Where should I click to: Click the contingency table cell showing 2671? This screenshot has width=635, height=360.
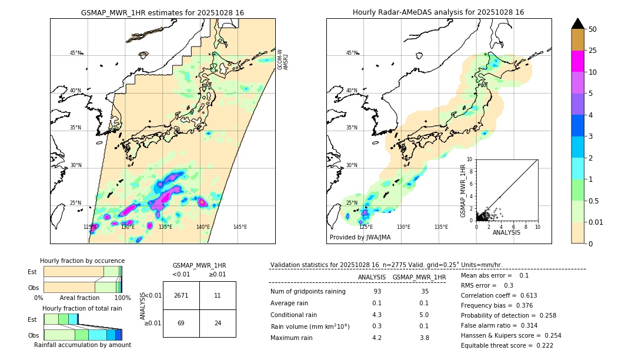pyautogui.click(x=181, y=295)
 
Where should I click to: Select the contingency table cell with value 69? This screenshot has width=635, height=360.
pyautogui.click(x=181, y=323)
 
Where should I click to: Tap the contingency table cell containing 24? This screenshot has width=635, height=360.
pyautogui.click(x=218, y=323)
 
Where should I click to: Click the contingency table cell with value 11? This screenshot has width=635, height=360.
pyautogui.click(x=218, y=295)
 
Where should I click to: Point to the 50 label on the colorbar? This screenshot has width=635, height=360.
pyautogui.click(x=593, y=29)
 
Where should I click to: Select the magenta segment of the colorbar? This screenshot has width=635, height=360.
pyautogui.click(x=577, y=61)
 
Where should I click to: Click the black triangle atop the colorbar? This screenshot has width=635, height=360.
pyautogui.click(x=577, y=24)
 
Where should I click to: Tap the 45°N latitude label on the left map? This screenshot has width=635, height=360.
pyautogui.click(x=75, y=53)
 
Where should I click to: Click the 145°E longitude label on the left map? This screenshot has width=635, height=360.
pyautogui.click(x=240, y=227)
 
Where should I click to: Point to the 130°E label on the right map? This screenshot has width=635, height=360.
pyautogui.click(x=403, y=227)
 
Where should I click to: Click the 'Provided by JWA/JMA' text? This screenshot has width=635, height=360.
pyautogui.click(x=360, y=238)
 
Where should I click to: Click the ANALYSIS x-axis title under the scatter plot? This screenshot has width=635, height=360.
pyautogui.click(x=506, y=232)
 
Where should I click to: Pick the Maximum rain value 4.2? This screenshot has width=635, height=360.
pyautogui.click(x=377, y=338)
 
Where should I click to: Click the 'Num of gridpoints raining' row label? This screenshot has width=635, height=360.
pyautogui.click(x=308, y=292)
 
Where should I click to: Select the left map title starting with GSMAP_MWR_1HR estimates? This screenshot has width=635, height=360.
pyautogui.click(x=162, y=12)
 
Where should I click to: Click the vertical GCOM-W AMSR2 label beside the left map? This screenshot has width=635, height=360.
pyautogui.click(x=283, y=59)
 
